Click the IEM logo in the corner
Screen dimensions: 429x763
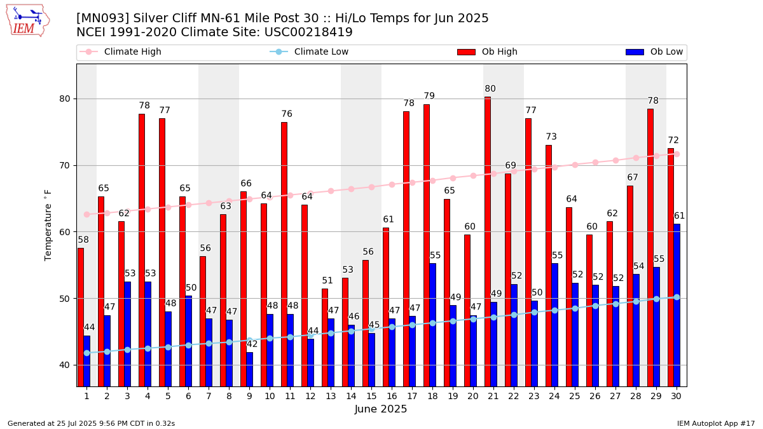(x=27, y=20)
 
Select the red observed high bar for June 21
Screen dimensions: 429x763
(x=488, y=242)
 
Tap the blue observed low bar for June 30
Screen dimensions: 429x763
(x=677, y=305)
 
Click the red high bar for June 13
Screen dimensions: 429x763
(x=325, y=337)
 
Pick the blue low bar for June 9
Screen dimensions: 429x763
(x=249, y=369)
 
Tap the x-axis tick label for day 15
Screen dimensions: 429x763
(x=371, y=396)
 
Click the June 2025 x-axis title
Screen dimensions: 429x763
(x=381, y=409)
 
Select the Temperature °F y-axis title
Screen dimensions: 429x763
(x=48, y=225)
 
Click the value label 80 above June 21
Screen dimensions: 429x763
(x=490, y=89)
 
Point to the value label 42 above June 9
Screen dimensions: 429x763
(x=252, y=344)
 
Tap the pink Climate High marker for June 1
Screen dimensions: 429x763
(x=86, y=214)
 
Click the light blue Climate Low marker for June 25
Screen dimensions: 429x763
(x=575, y=308)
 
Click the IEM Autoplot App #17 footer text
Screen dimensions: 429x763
(x=715, y=423)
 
